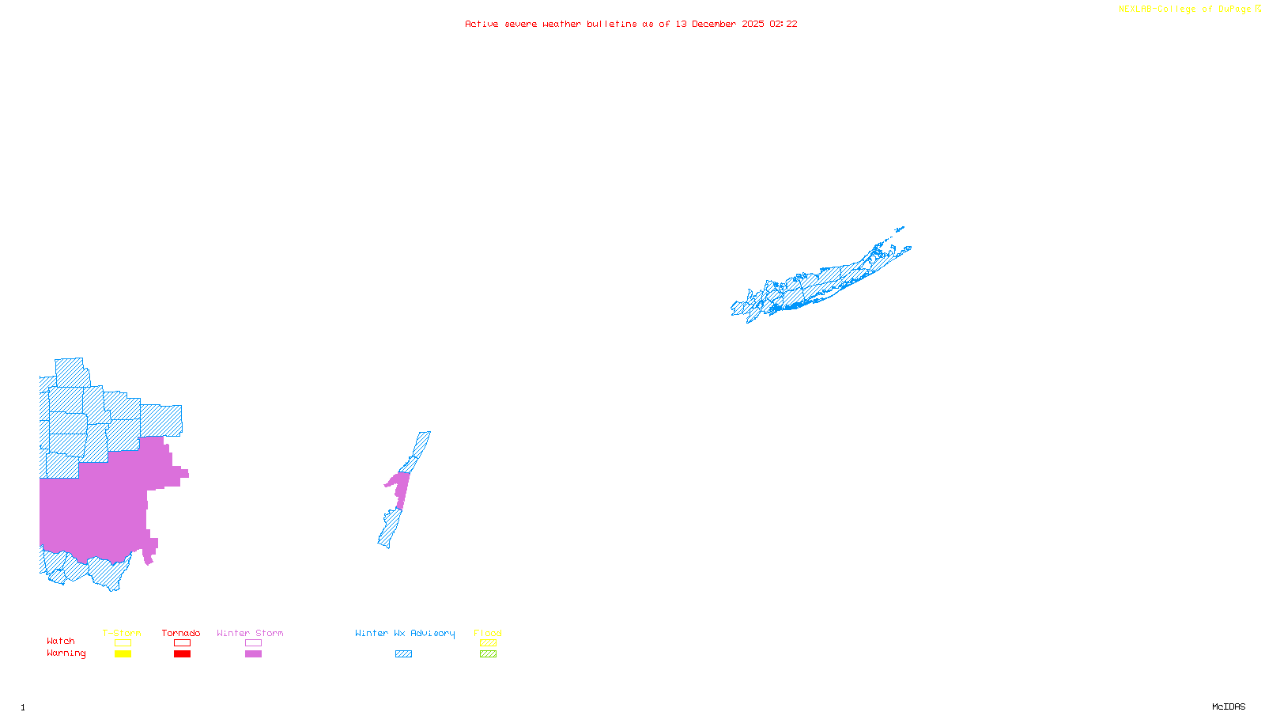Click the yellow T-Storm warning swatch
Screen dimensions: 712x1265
point(123,654)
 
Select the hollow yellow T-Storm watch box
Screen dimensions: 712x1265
point(123,643)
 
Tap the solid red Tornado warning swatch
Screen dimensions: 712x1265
point(182,654)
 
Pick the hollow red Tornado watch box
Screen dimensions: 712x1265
point(182,643)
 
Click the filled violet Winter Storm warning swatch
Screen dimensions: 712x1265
point(253,654)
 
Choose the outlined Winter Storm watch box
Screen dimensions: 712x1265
point(253,643)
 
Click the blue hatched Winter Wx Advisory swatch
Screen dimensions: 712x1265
point(403,654)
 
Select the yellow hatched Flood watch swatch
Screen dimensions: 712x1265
point(488,643)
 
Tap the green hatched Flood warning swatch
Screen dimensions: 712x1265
point(488,654)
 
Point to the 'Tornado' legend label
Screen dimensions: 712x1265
point(181,633)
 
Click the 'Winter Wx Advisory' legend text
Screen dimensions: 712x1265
point(405,633)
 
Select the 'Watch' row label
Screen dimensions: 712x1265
point(61,641)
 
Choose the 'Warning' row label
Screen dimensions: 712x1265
point(66,653)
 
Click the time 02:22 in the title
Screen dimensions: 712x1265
point(783,24)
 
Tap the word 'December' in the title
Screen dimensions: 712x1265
point(714,24)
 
